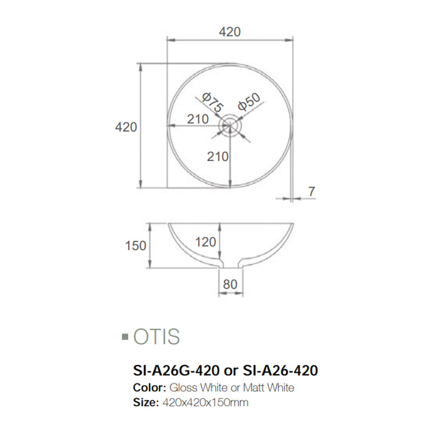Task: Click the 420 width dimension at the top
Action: (229, 32)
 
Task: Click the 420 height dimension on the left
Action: (126, 127)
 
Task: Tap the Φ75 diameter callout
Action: (211, 102)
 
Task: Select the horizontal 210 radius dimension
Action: (198, 119)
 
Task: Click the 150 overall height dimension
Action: (136, 246)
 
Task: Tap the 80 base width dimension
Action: (231, 283)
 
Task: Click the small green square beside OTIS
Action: (125, 337)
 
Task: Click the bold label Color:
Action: (149, 388)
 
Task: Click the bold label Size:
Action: (144, 402)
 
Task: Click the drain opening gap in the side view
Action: (231, 265)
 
